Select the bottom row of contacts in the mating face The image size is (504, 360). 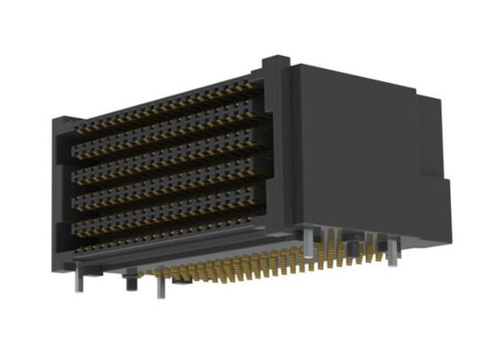(171, 224)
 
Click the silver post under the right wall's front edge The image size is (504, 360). (309, 241)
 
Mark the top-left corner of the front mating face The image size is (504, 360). (63, 121)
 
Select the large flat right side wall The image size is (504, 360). (351, 153)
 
